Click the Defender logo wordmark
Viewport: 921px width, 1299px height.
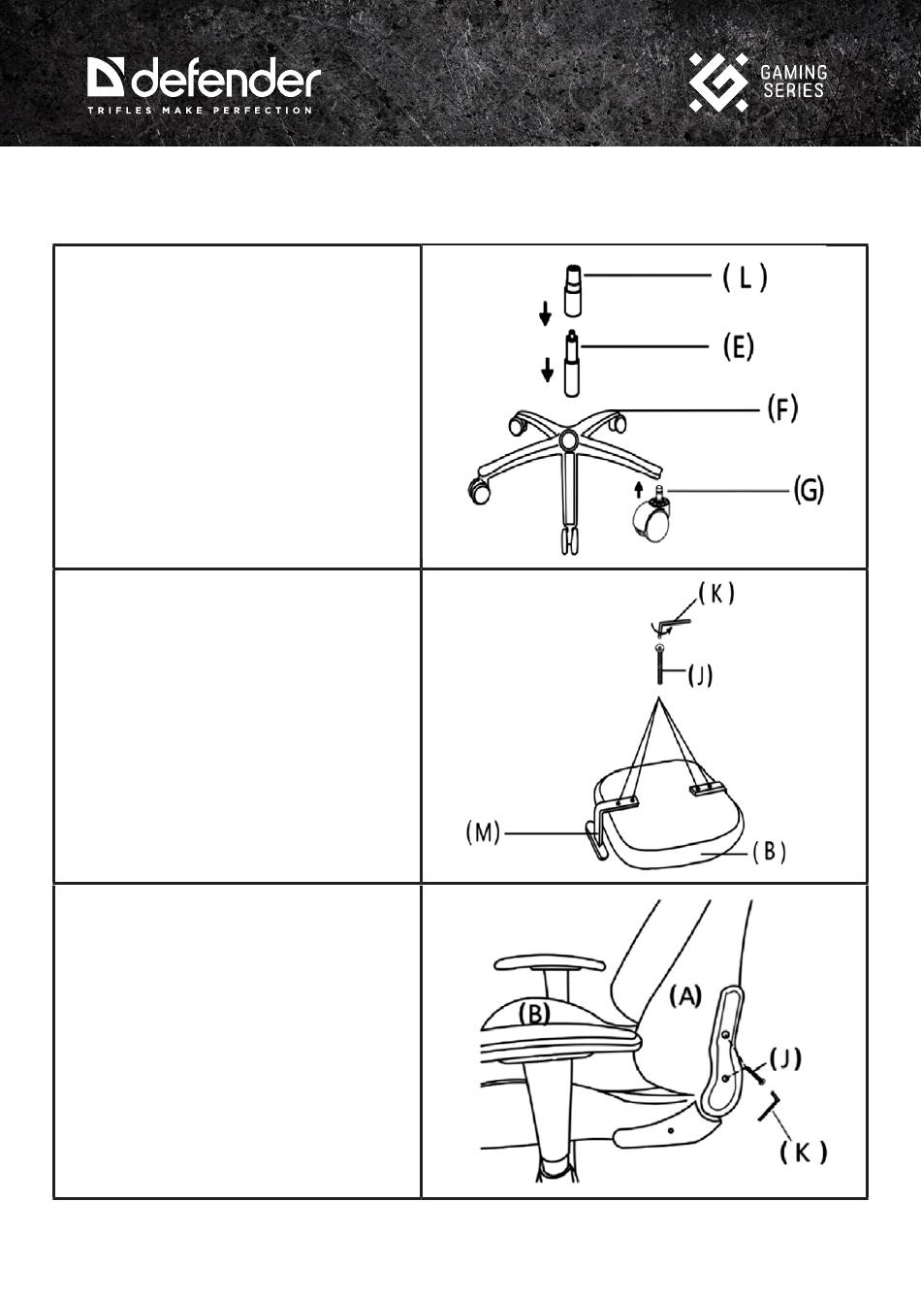click(x=204, y=80)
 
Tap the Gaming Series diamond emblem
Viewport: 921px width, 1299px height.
click(x=717, y=81)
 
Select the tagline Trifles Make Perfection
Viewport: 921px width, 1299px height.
click(x=200, y=111)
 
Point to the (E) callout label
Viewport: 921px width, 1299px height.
click(x=739, y=346)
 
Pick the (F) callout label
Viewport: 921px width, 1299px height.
click(x=782, y=408)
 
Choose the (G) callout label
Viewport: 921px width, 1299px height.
click(x=809, y=491)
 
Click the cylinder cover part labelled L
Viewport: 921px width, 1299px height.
click(x=573, y=290)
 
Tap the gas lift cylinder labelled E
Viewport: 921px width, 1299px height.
click(x=572, y=363)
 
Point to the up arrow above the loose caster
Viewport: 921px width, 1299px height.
click(x=638, y=489)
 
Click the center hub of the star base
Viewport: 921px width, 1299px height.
click(x=568, y=438)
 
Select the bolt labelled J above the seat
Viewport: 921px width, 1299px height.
click(x=659, y=664)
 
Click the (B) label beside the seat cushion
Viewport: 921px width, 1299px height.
click(x=769, y=853)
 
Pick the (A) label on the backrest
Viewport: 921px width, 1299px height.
click(x=685, y=996)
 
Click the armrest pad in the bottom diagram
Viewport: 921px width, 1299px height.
click(x=550, y=963)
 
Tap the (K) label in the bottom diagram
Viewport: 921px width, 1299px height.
click(x=803, y=1153)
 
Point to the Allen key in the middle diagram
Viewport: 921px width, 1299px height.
click(x=671, y=624)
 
